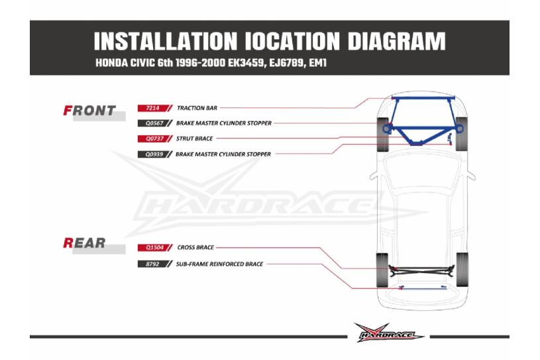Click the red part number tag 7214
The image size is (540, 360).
pyautogui.click(x=154, y=108)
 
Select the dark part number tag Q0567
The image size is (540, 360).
pyautogui.click(x=154, y=123)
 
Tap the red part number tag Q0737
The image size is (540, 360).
pyautogui.click(x=154, y=139)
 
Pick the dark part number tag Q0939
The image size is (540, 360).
pyautogui.click(x=154, y=154)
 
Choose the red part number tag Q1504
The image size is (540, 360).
pyautogui.click(x=154, y=248)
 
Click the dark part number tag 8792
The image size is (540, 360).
pyautogui.click(x=154, y=265)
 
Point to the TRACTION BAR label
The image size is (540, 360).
pyautogui.click(x=197, y=108)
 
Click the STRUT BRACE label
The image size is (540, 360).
pyautogui.click(x=194, y=139)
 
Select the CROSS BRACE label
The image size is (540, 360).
pyautogui.click(x=195, y=247)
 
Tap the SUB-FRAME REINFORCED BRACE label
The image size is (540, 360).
pyautogui.click(x=219, y=265)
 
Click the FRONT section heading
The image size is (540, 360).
pyautogui.click(x=89, y=111)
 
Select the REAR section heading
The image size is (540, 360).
pyautogui.click(x=84, y=243)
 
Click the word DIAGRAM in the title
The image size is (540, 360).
pyautogui.click(x=397, y=41)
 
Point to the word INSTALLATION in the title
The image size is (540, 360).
pyautogui.click(x=166, y=41)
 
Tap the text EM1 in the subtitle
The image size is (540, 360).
pyautogui.click(x=317, y=63)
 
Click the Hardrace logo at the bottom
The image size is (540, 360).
pyautogui.click(x=388, y=333)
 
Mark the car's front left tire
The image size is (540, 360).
pyautogui.click(x=382, y=135)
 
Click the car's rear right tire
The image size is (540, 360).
pyautogui.click(x=462, y=270)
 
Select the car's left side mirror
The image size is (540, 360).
pyautogui.click(x=374, y=176)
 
